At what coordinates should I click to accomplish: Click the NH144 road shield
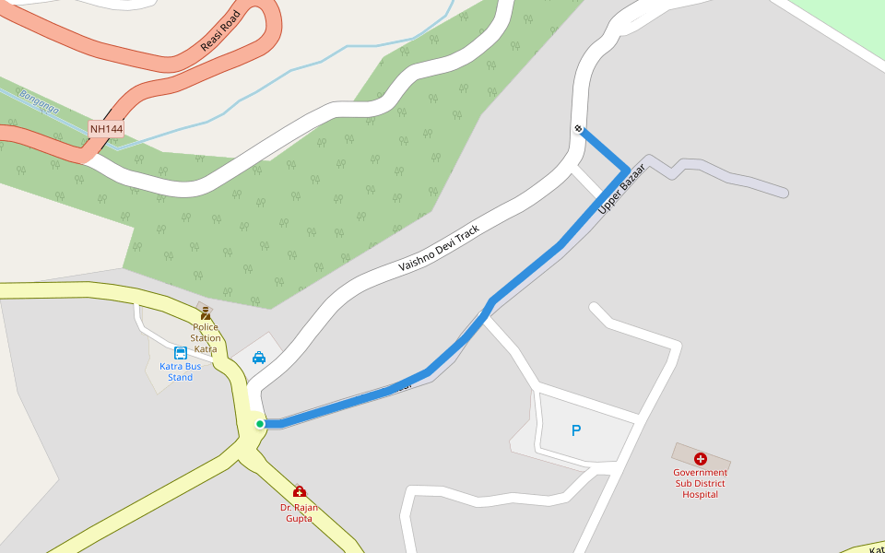click(x=106, y=129)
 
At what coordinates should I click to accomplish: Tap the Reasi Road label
click(x=220, y=31)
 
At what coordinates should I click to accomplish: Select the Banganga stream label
click(x=39, y=101)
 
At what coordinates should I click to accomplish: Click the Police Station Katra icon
click(x=206, y=313)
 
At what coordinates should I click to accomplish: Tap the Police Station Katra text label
click(x=206, y=338)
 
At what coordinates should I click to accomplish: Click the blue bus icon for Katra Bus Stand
click(x=181, y=353)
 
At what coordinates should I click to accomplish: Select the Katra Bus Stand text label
click(x=180, y=371)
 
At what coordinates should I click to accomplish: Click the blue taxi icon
click(x=259, y=358)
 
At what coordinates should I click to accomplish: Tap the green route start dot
click(x=260, y=424)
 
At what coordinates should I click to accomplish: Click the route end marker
click(x=578, y=128)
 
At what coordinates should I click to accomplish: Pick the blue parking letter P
click(x=576, y=430)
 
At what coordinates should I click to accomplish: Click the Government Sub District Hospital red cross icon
click(x=700, y=458)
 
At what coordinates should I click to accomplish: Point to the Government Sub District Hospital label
click(x=700, y=484)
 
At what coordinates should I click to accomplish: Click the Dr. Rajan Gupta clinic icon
click(x=299, y=491)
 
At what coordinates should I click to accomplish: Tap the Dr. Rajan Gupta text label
click(x=299, y=512)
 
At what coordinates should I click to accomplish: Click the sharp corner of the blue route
click(x=629, y=171)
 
